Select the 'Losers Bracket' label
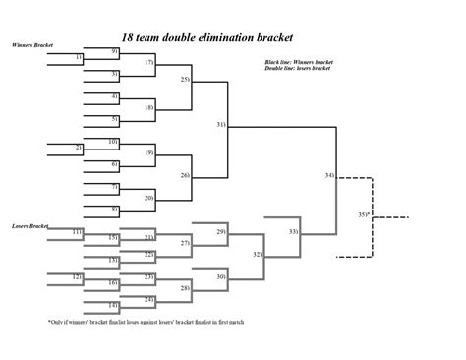[30, 226]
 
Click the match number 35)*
[364, 213]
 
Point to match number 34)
[329, 175]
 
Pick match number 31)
[221, 125]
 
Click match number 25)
[184, 78]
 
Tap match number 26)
[184, 174]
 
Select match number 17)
[149, 62]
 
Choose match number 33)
[294, 231]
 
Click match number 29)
[221, 230]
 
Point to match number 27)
[185, 242]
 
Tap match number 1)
[79, 59]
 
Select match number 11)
[78, 231]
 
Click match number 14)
[114, 305]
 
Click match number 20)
[149, 198]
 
